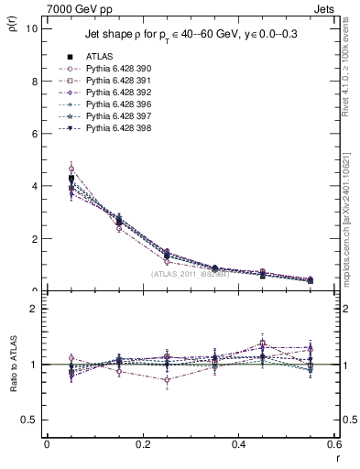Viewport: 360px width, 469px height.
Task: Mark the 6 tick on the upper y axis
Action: click(x=34, y=134)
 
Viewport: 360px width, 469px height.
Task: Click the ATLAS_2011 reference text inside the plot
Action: click(x=191, y=274)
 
